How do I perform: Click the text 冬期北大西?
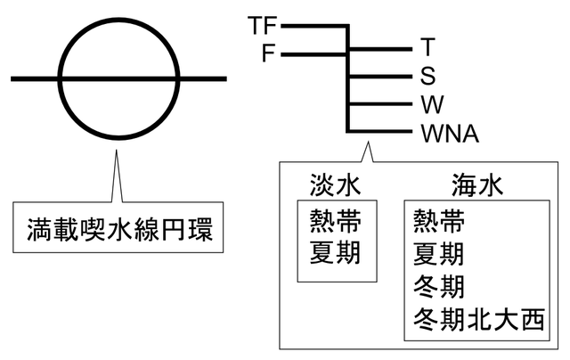click(477, 320)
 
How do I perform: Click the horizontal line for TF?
click(312, 27)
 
